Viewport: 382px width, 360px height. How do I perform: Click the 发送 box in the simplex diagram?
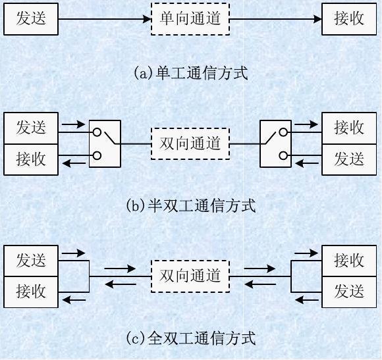31,18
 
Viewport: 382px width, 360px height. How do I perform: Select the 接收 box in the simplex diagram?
349,18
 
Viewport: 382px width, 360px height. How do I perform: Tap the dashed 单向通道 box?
190,18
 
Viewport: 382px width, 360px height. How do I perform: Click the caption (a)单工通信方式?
190,72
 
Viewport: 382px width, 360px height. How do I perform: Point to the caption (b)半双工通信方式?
190,205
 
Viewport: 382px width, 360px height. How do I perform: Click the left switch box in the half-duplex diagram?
105,143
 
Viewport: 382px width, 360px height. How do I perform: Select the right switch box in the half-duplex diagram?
276,143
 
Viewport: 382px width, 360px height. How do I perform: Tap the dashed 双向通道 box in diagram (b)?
190,143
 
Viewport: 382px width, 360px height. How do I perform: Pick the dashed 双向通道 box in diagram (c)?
190,276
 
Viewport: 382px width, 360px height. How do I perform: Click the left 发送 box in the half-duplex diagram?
31,128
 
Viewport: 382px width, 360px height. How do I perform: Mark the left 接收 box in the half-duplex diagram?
31,159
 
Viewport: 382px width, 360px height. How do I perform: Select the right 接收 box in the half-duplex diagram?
349,128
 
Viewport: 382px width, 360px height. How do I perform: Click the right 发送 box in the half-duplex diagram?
349,159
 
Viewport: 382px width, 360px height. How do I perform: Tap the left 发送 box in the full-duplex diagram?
31,261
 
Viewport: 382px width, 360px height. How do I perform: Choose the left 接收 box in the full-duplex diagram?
31,291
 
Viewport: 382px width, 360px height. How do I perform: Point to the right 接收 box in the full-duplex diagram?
349,261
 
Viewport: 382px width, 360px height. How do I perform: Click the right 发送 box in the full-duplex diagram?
349,291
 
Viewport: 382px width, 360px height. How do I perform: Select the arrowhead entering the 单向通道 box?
147,19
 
